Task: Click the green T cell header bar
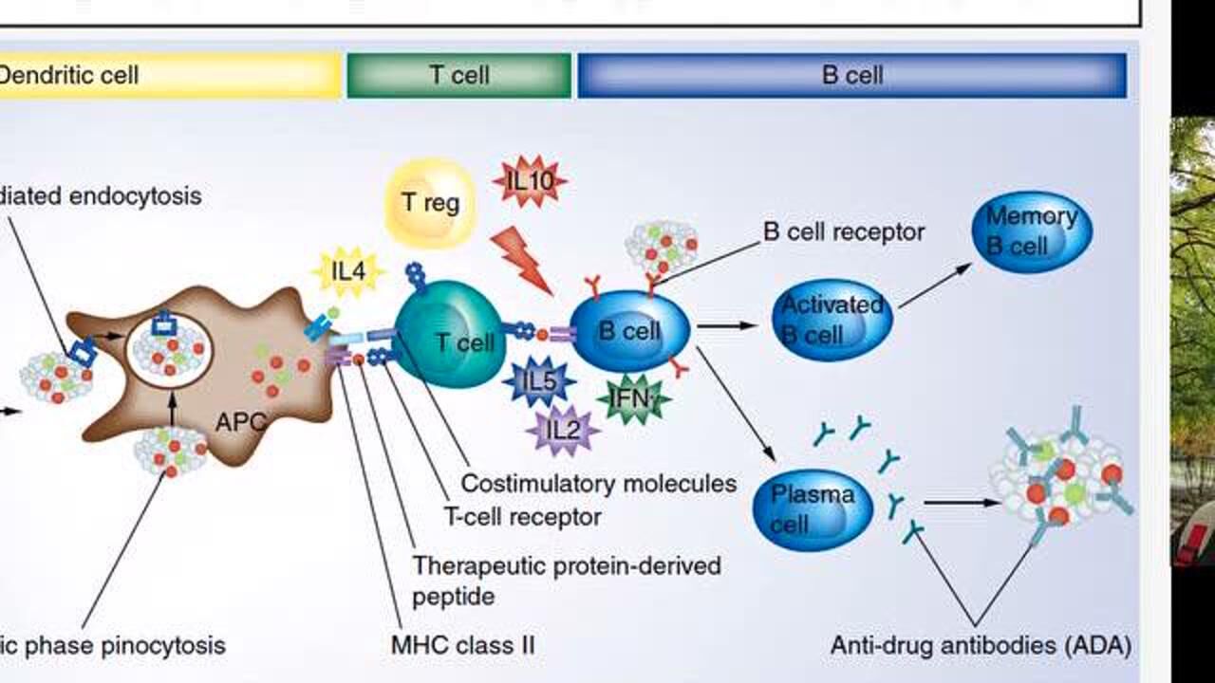[x=459, y=76]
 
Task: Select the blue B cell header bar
[x=851, y=76]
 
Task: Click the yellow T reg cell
[x=430, y=203]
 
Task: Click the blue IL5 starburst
[x=538, y=382]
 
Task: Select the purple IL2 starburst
[x=563, y=430]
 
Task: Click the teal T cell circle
[x=450, y=339]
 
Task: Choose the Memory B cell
[x=1031, y=231]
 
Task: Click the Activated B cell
[x=832, y=320]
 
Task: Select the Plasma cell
[x=812, y=509]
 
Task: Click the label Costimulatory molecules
[x=598, y=483]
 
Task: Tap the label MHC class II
[x=462, y=646]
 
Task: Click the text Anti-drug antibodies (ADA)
[x=981, y=646]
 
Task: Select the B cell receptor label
[x=843, y=231]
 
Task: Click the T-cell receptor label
[x=522, y=517]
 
